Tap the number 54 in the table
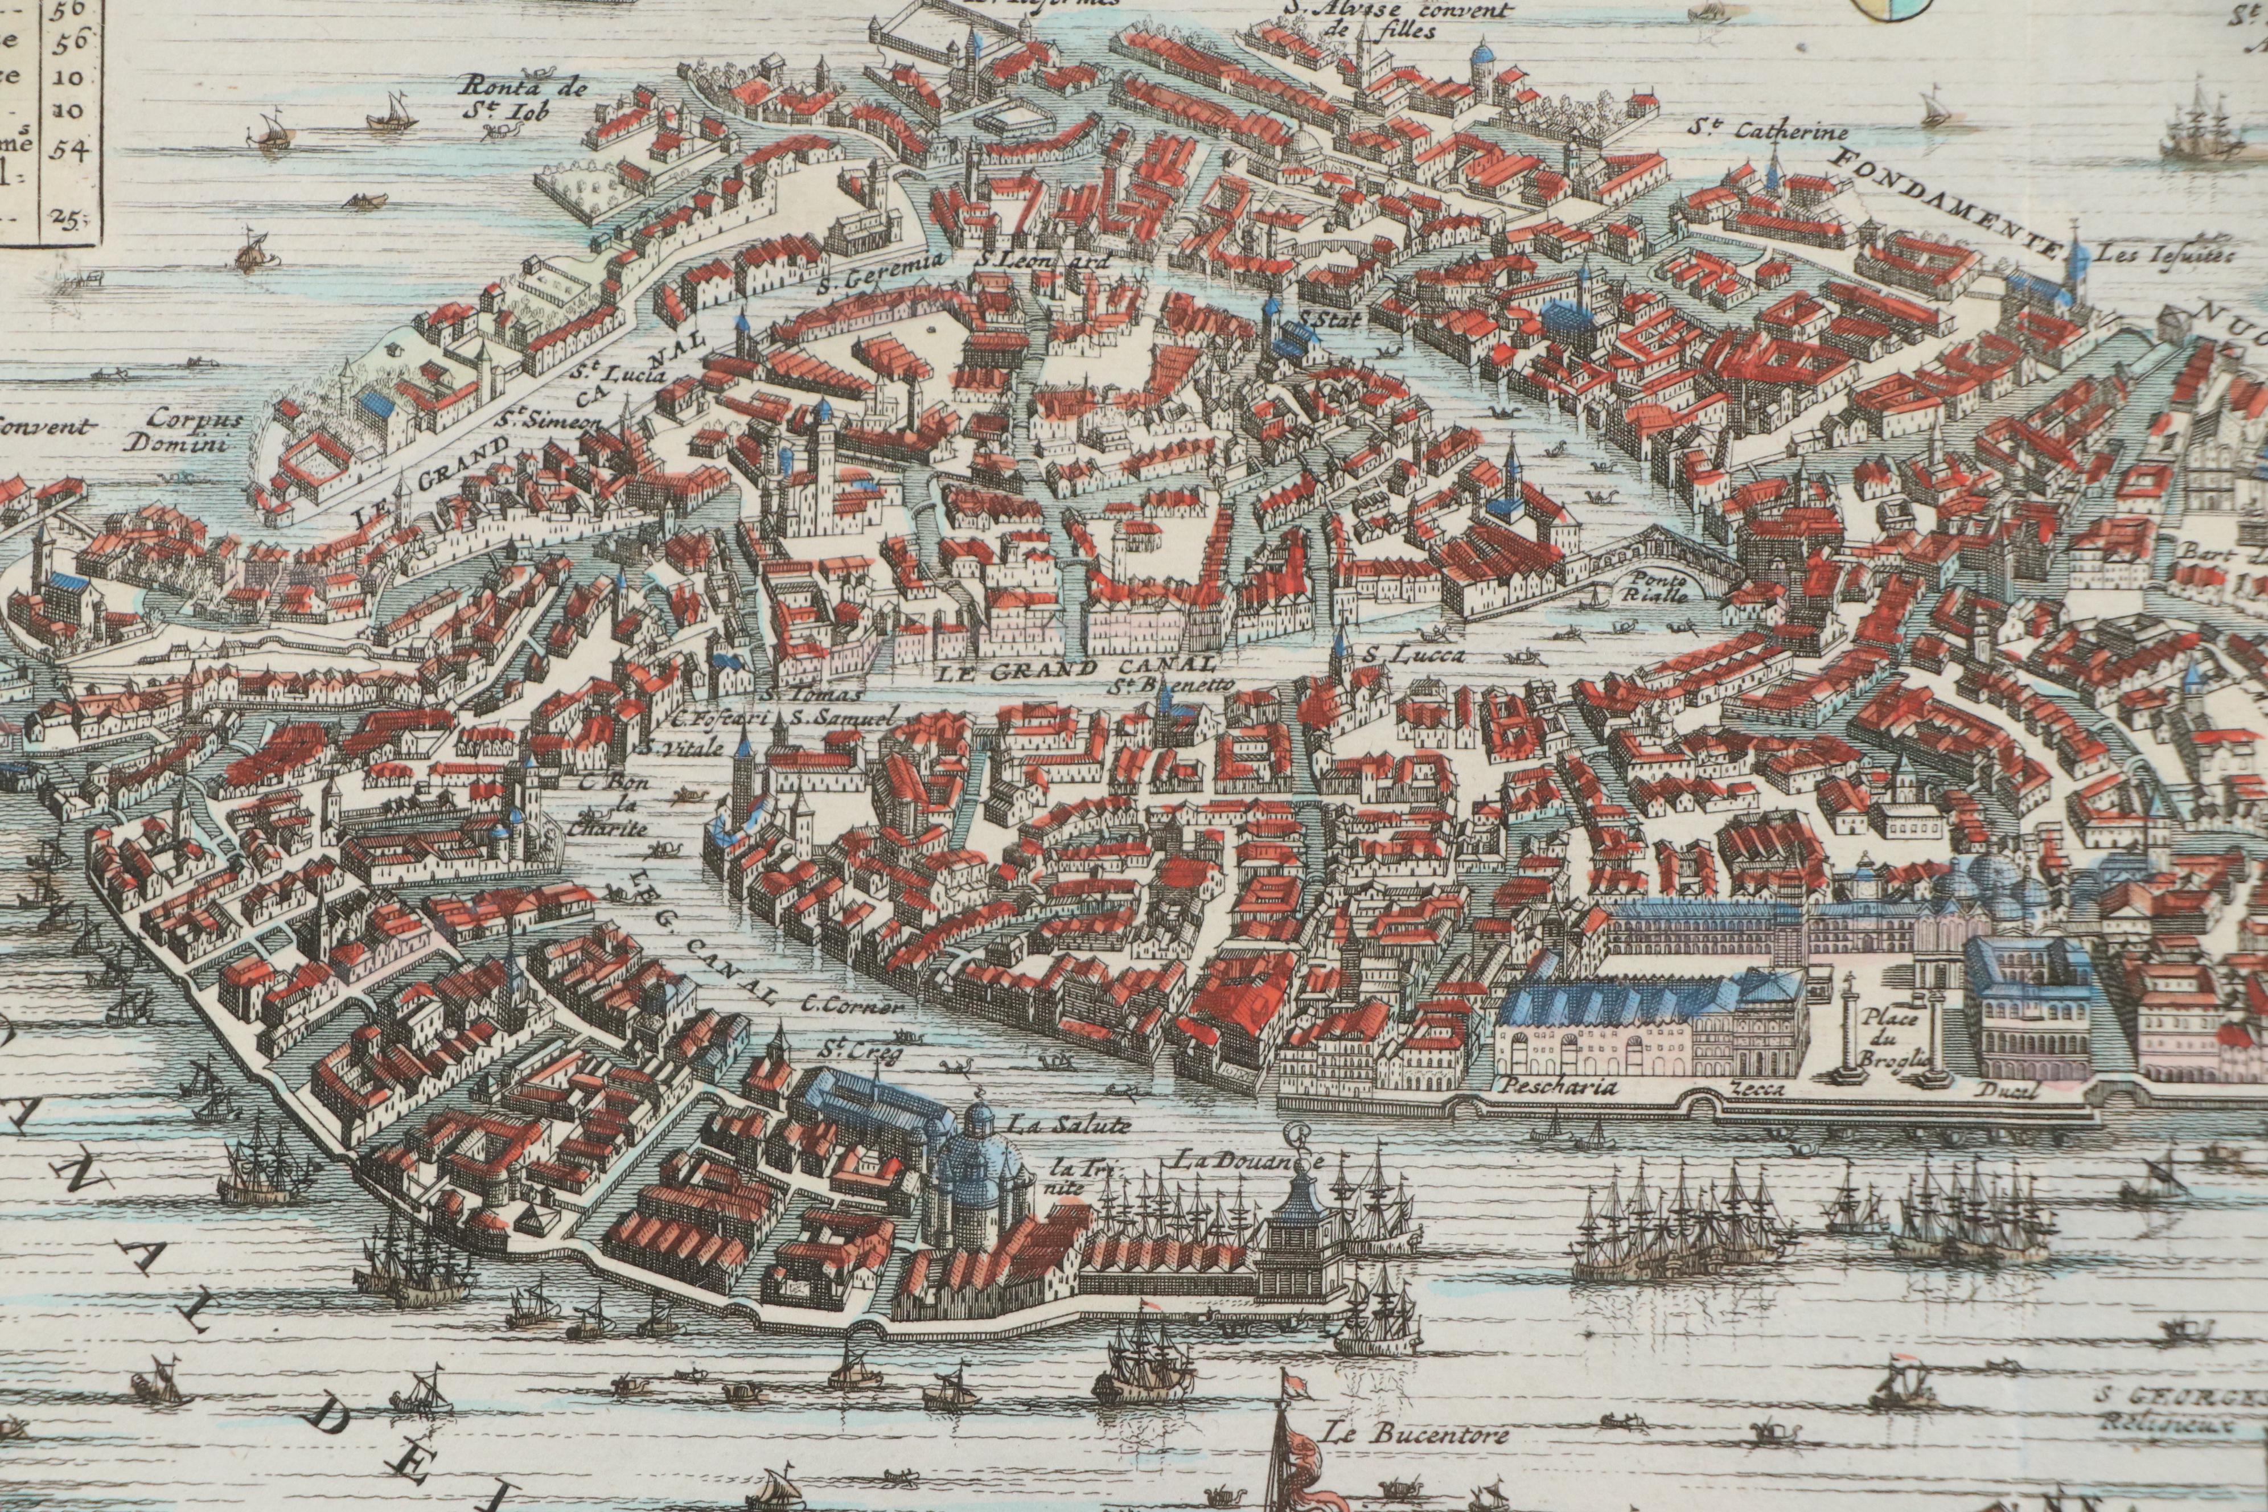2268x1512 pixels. (69, 150)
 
